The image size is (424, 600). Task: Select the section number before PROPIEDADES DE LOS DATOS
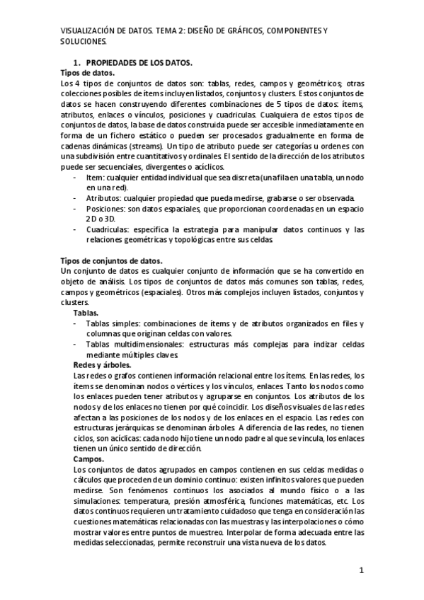tap(79, 62)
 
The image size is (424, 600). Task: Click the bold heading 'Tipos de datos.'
tap(88, 72)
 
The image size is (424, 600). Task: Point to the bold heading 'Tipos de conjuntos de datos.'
tap(113, 260)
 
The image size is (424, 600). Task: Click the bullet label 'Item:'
tap(96, 177)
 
